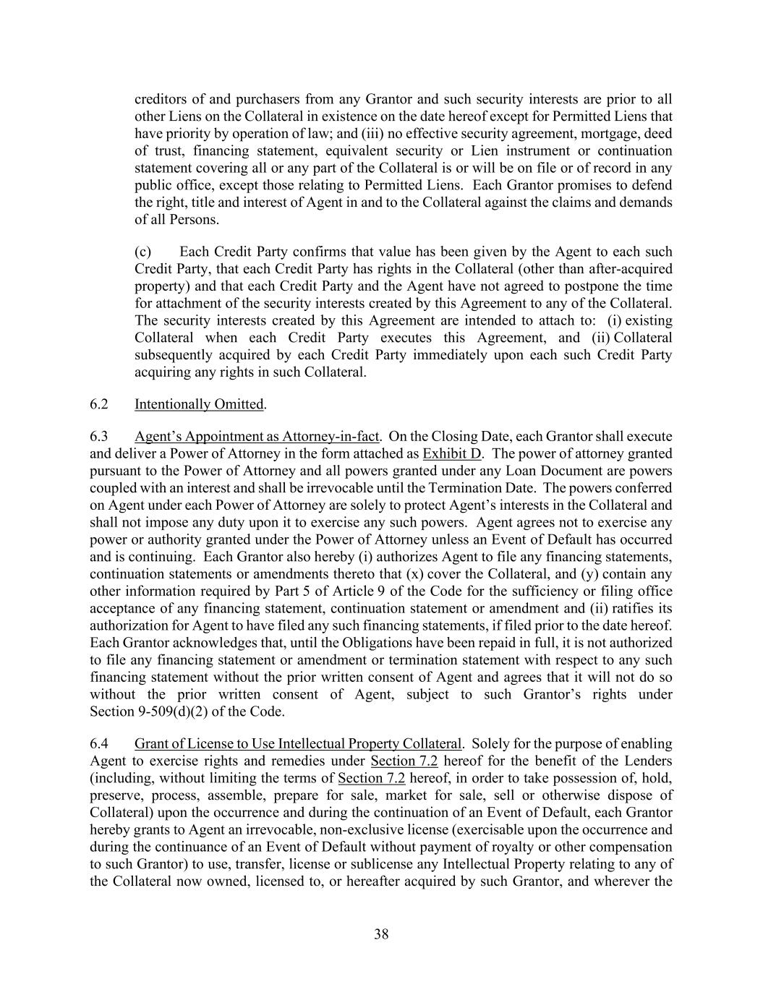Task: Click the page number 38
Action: pos(381,934)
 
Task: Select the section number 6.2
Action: pos(99,404)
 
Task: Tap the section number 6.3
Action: pos(99,437)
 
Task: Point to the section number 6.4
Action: pos(99,744)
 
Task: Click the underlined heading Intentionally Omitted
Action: pos(199,404)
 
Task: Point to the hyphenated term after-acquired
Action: pos(629,269)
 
